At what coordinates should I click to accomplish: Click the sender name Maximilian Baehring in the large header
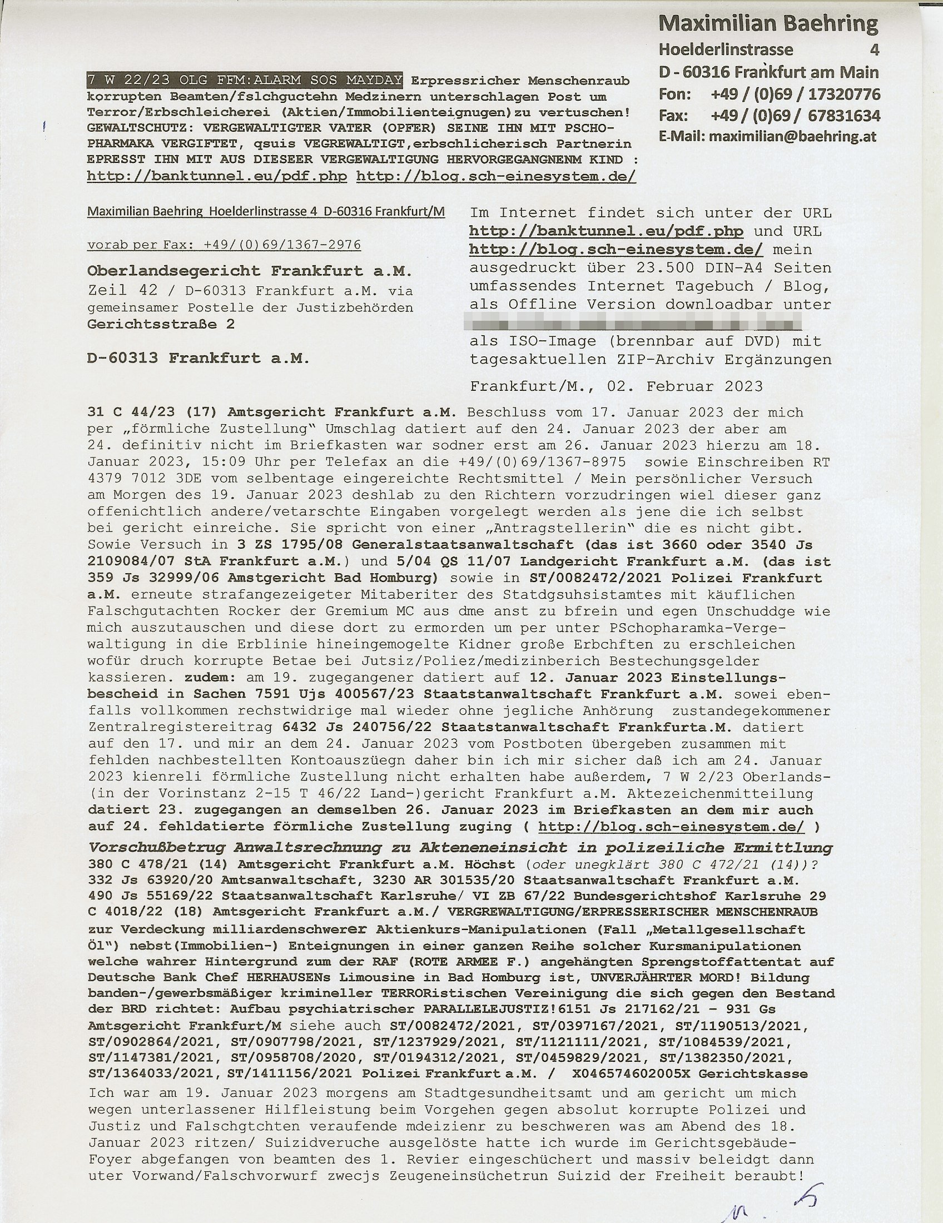[768, 23]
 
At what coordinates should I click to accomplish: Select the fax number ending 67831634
[795, 116]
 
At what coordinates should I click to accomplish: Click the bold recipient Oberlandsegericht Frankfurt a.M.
[249, 272]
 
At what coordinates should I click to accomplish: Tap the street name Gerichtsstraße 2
[161, 324]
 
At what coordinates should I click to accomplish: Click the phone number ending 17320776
[795, 94]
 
